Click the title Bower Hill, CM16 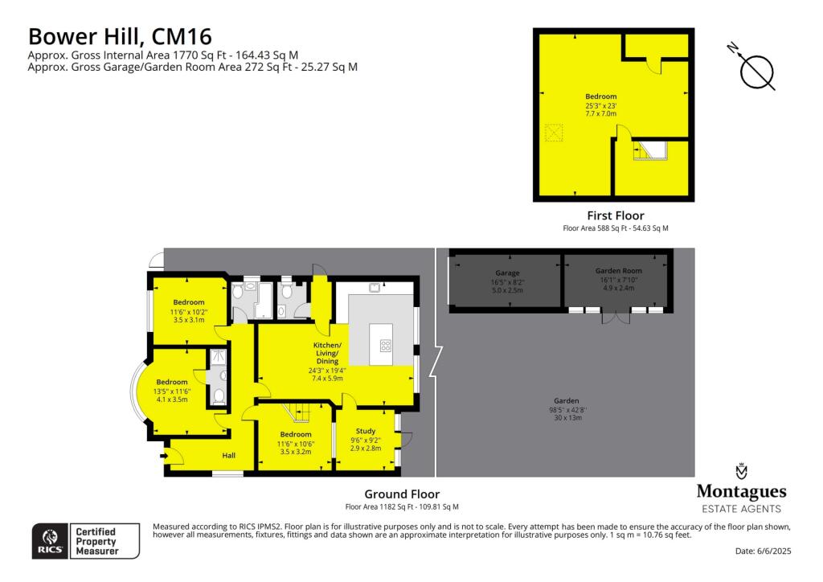click(x=120, y=37)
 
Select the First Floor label click(x=615, y=215)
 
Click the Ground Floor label click(x=402, y=494)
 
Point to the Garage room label click(x=507, y=273)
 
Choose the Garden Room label click(x=618, y=271)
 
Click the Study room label click(x=366, y=431)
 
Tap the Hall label click(x=228, y=456)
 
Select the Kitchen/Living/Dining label click(x=327, y=353)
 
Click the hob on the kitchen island click(x=386, y=346)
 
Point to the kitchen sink click(x=375, y=288)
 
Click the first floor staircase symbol click(x=649, y=150)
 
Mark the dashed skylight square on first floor click(x=553, y=133)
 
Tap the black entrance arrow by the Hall click(x=164, y=456)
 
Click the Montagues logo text click(x=741, y=492)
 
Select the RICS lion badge click(x=50, y=541)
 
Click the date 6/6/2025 click(x=774, y=551)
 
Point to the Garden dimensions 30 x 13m click(x=568, y=418)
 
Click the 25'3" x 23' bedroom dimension click(x=601, y=105)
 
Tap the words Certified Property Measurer click(x=96, y=541)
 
